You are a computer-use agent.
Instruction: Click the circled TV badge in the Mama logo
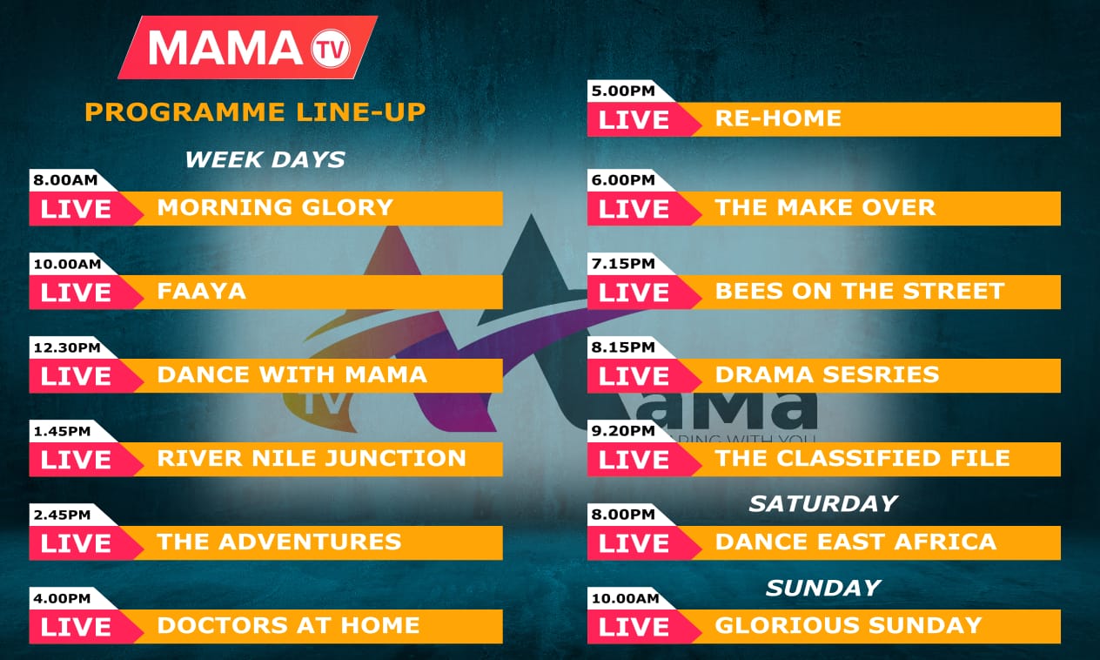click(331, 49)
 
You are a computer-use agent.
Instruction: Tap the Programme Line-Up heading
click(255, 112)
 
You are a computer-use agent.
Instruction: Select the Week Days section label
click(265, 159)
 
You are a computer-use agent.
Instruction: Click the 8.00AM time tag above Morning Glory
click(65, 180)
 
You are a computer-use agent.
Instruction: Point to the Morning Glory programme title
click(275, 207)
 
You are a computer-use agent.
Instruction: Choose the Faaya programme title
click(201, 292)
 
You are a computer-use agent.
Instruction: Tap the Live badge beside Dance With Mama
click(76, 376)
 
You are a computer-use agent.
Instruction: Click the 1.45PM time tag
click(62, 432)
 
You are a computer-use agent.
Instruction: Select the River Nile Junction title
click(312, 459)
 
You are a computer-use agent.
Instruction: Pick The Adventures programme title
click(279, 542)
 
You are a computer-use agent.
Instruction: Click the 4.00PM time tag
click(62, 598)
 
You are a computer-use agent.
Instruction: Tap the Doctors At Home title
click(288, 625)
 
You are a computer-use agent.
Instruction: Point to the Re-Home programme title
click(778, 118)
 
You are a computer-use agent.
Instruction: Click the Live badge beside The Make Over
click(634, 209)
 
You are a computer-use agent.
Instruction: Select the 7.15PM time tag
click(623, 264)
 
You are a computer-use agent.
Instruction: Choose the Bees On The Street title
click(860, 292)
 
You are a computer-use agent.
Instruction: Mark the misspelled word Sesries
click(881, 375)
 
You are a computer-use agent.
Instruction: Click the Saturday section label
click(823, 504)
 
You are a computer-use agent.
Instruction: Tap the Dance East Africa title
click(855, 542)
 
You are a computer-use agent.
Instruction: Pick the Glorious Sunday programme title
click(848, 625)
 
